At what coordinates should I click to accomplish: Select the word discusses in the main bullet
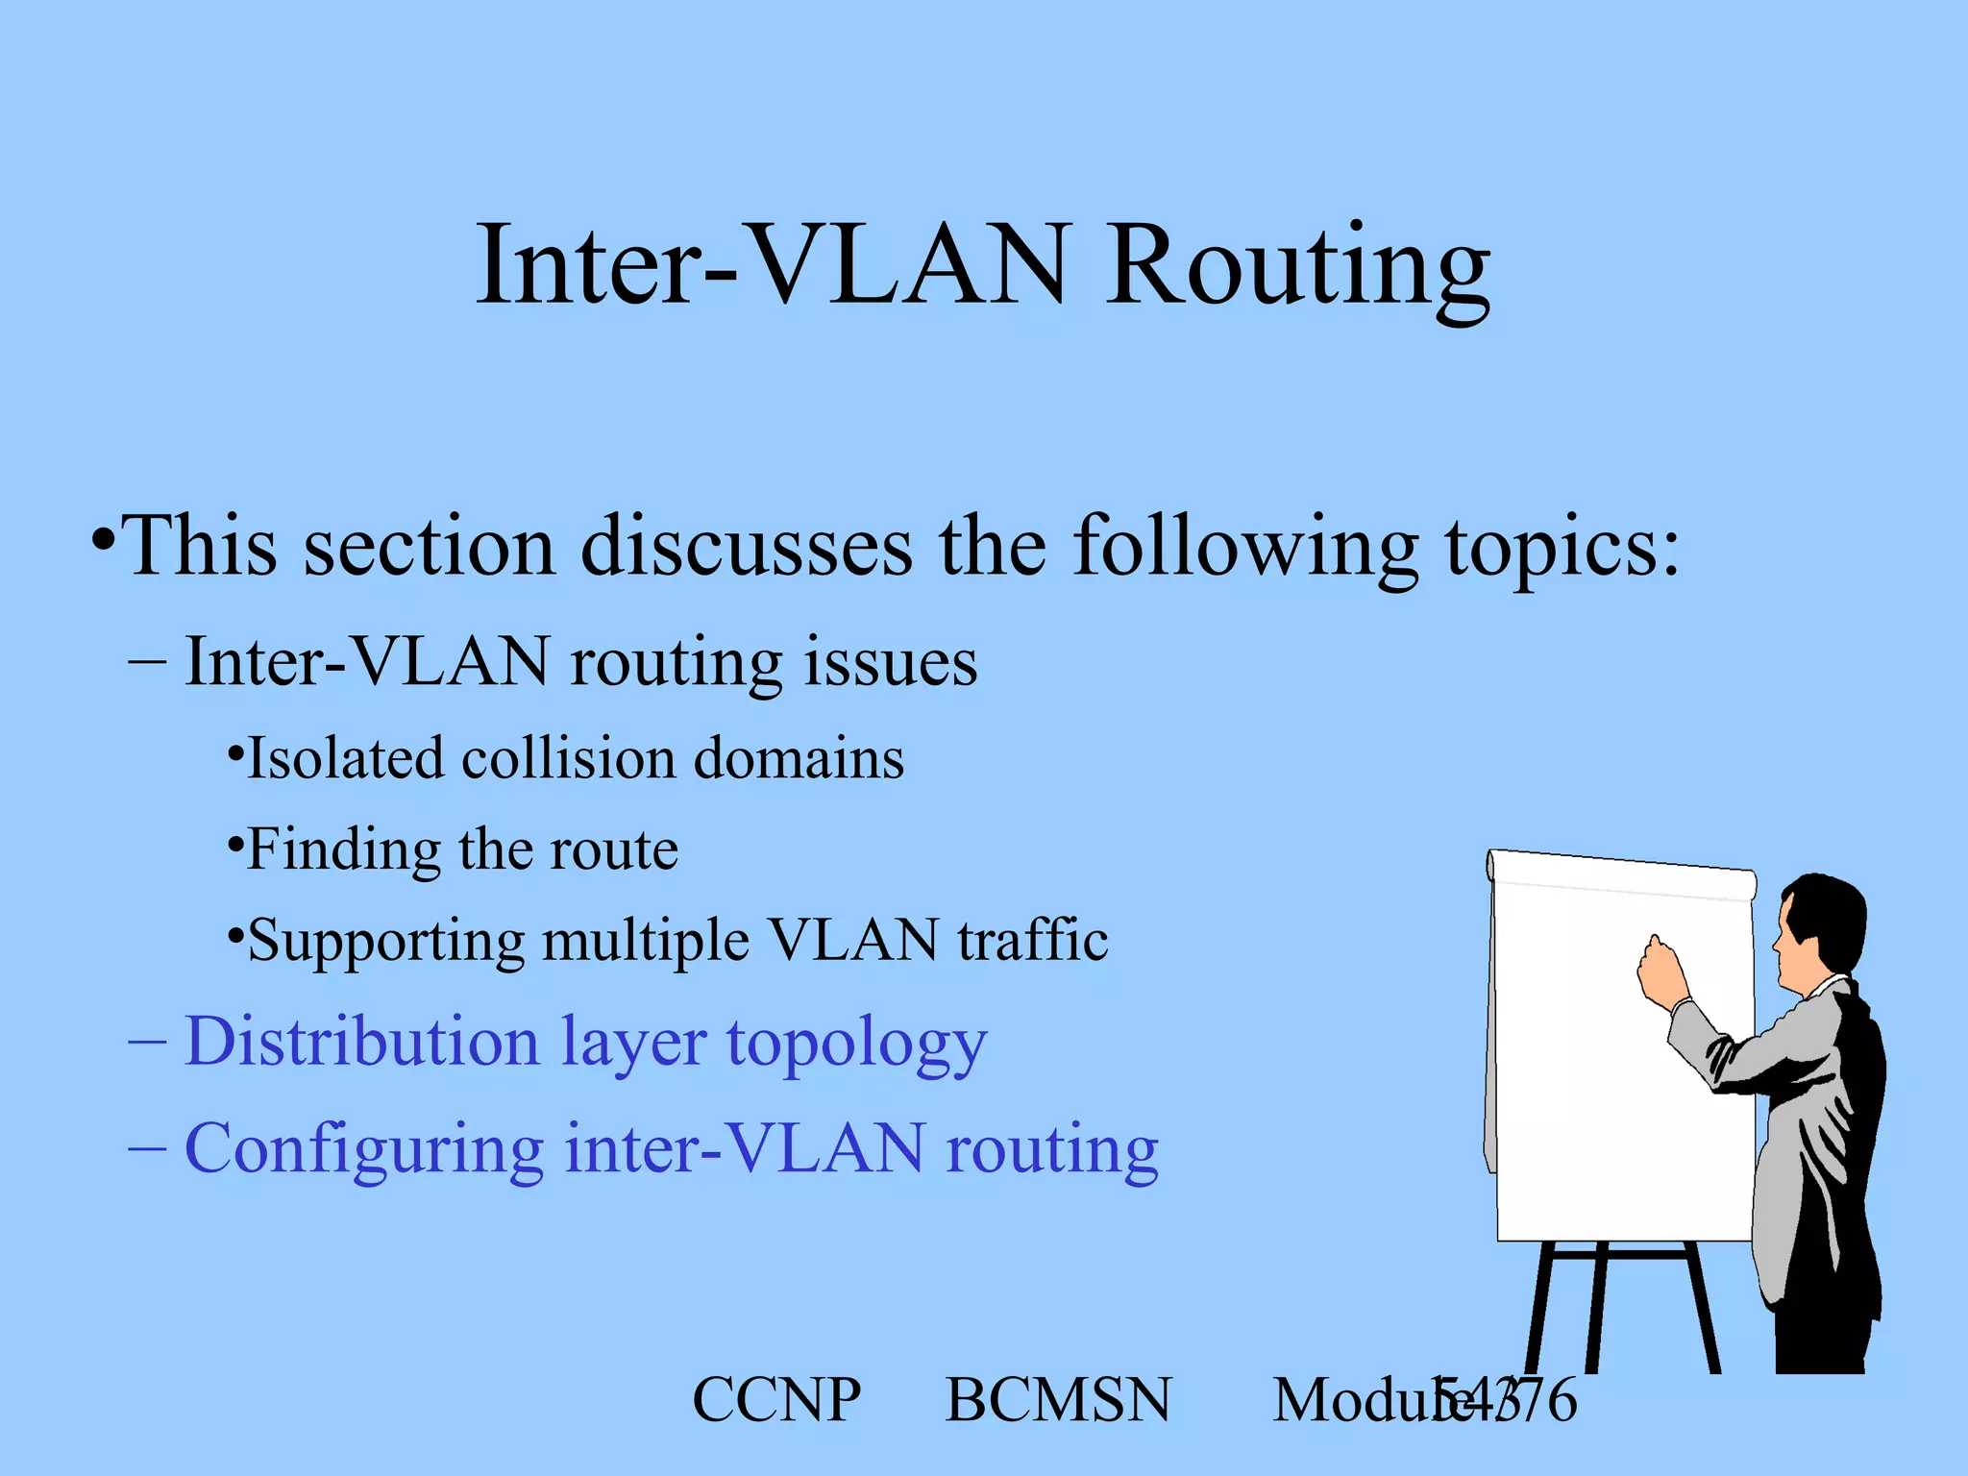click(x=747, y=548)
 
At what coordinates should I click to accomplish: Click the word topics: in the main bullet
click(x=1563, y=548)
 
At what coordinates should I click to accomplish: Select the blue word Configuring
click(x=364, y=1150)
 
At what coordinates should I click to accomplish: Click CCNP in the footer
click(x=776, y=1400)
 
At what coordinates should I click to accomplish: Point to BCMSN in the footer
click(x=1058, y=1400)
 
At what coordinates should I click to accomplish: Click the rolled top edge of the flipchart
click(x=1622, y=873)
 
